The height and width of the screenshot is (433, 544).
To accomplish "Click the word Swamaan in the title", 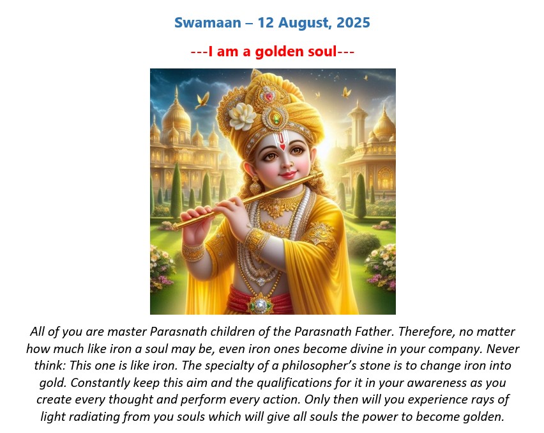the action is point(208,22).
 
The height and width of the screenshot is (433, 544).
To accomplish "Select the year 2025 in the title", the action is point(353,22).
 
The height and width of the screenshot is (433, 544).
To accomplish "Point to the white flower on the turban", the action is point(242,116).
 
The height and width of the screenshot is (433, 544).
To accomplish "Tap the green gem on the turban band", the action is point(276,118).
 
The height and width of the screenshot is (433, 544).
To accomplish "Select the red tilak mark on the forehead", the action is point(282,141).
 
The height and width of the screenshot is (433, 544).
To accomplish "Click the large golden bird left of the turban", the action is point(202,100).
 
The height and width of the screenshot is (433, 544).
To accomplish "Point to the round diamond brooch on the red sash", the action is point(261,305).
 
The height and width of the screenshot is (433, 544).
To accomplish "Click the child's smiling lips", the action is point(287,173).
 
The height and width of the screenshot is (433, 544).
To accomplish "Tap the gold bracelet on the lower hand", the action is point(193,252).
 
